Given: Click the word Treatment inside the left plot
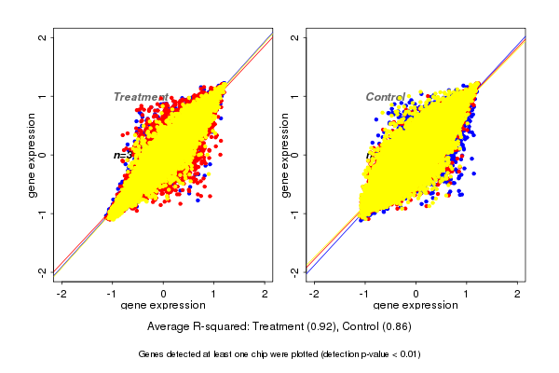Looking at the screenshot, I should pos(140,97).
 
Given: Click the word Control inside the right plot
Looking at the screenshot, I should pos(385,97).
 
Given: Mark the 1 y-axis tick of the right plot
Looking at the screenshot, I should pos(295,96).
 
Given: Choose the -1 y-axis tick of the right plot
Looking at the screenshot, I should pos(295,213).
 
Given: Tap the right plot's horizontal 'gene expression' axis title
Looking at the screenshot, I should pos(416,306).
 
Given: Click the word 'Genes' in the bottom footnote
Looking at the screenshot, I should pos(152,354).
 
